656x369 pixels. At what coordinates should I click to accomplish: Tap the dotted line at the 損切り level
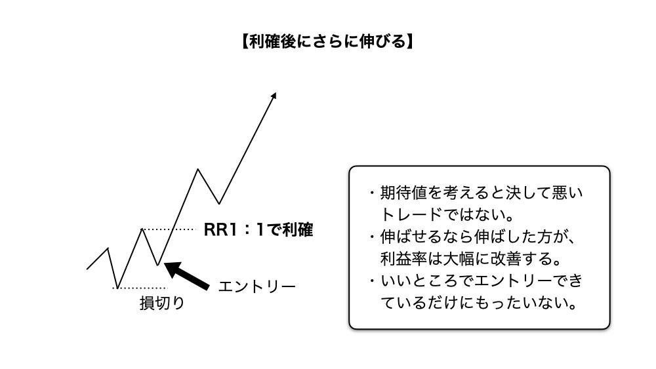(142, 288)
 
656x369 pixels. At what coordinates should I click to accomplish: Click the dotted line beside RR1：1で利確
(169, 229)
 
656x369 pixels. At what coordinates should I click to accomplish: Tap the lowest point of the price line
(116, 288)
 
